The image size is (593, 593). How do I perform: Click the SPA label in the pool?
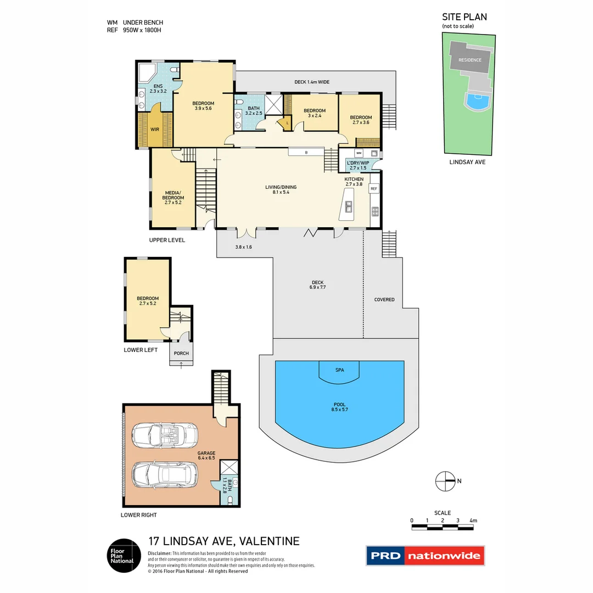click(x=339, y=370)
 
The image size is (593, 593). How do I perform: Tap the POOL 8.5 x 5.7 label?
click(x=339, y=406)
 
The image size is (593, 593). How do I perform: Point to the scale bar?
click(x=442, y=527)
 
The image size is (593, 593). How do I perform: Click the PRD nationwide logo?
click(x=426, y=556)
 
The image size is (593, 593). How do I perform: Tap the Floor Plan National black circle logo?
click(x=122, y=556)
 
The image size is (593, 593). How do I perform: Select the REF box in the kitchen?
click(x=374, y=189)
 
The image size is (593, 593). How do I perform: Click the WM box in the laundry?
click(x=359, y=153)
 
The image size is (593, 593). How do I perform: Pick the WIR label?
click(x=155, y=130)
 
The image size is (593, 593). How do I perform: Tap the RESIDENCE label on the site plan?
click(x=470, y=60)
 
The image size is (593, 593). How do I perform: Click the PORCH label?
click(x=181, y=353)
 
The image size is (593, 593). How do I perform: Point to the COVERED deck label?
click(x=384, y=300)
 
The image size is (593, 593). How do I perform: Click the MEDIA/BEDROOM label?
click(x=174, y=198)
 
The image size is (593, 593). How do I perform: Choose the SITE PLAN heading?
click(x=464, y=17)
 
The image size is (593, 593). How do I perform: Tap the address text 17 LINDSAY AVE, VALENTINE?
click(x=224, y=541)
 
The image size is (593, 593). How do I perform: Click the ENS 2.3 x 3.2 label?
click(x=158, y=89)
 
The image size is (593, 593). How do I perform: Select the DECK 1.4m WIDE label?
click(x=311, y=82)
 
